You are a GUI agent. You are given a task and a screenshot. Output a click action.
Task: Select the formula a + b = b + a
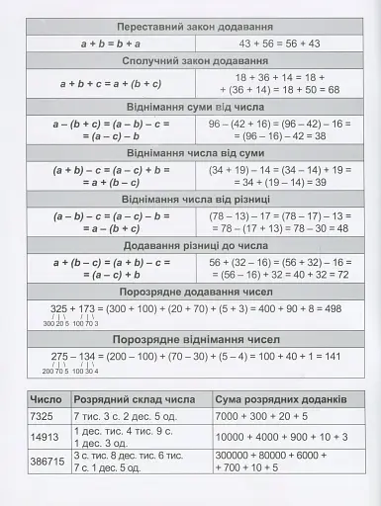pos(111,43)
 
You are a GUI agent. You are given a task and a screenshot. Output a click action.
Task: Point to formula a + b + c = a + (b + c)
pos(111,83)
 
